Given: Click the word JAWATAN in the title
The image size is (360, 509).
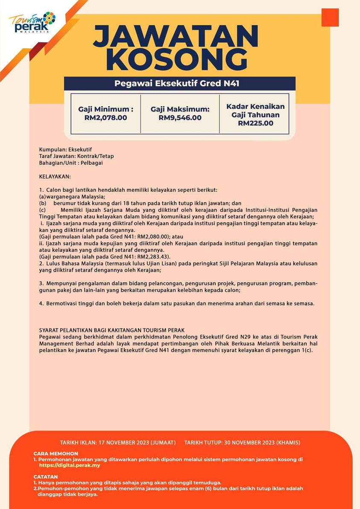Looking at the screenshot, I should [x=176, y=37].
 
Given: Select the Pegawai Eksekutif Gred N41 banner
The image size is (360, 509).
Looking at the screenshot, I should [x=179, y=84].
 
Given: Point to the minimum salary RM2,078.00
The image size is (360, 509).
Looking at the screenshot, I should [x=105, y=117].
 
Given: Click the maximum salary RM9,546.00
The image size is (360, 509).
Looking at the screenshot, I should [x=180, y=118].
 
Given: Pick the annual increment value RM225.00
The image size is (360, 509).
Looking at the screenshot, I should [x=255, y=123].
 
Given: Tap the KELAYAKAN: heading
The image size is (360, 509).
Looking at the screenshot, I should [x=55, y=176].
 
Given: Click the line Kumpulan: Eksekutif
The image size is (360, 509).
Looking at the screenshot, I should [x=65, y=150].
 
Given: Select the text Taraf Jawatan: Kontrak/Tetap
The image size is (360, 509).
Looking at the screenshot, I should [x=76, y=156].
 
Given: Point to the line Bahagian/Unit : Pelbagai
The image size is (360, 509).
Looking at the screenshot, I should [x=71, y=163].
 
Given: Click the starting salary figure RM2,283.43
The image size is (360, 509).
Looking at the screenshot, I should [x=153, y=257].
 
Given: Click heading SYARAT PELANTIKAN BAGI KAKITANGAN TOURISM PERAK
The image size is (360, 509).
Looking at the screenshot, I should [x=111, y=330].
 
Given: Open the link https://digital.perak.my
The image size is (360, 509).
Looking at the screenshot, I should [x=70, y=465].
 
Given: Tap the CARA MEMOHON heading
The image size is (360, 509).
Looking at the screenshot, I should [x=56, y=453].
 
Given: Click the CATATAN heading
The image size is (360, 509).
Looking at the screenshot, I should [x=45, y=477].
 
